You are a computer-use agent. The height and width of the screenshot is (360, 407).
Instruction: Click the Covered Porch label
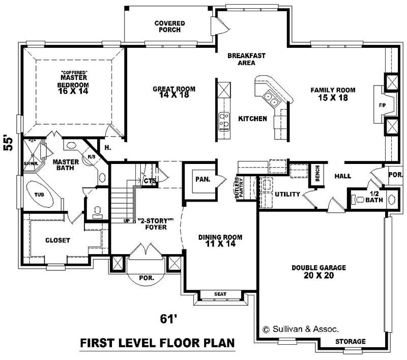point(169,26)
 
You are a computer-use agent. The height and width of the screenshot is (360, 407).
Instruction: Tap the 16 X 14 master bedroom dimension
point(73,92)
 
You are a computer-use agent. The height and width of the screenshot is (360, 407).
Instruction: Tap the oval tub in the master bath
point(40,194)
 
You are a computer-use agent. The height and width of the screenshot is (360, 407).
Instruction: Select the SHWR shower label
point(30,163)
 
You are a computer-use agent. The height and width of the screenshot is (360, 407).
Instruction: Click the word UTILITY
point(287,195)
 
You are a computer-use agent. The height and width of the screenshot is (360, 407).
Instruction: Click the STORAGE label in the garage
point(351,341)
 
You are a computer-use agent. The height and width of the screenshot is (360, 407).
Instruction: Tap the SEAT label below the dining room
point(220,294)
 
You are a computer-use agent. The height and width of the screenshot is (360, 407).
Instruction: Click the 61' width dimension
point(168,319)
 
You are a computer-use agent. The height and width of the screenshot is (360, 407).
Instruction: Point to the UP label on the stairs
point(127,221)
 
